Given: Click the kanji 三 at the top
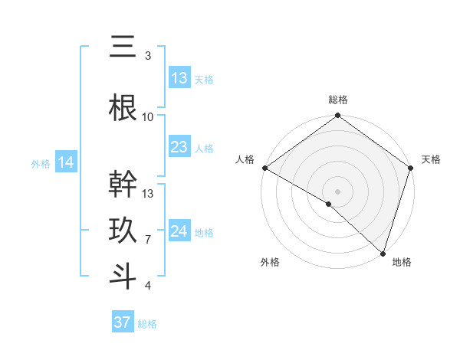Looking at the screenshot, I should (123, 47).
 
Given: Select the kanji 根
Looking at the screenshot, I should (123, 108).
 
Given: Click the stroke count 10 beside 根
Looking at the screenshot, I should (148, 117).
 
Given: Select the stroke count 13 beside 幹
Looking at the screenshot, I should (148, 194).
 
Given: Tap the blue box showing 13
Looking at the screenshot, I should (179, 78).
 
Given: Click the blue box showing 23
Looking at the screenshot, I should (179, 147).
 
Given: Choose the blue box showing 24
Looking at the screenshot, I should (179, 231).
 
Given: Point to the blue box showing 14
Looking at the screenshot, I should (66, 162).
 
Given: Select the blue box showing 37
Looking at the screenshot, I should (123, 322).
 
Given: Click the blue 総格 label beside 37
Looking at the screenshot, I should (147, 324).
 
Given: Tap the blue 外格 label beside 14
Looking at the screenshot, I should (41, 163).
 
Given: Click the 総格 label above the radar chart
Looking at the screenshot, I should (337, 100).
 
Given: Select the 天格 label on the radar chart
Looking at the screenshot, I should (431, 159).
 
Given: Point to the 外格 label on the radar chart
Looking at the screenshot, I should (270, 262).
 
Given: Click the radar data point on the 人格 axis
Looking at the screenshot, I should (264, 168).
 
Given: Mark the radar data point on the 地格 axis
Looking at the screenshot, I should (383, 254).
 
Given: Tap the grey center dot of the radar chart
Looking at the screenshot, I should (337, 191).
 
